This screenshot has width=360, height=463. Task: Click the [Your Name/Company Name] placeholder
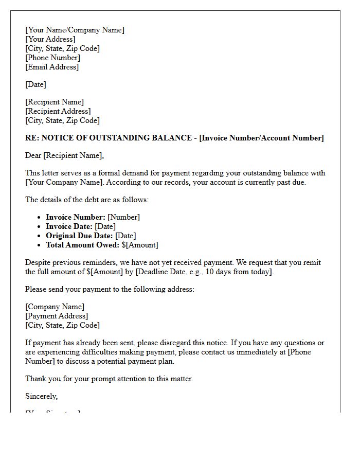75,30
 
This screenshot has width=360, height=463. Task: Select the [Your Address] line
50,39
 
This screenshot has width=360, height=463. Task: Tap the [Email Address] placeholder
52,67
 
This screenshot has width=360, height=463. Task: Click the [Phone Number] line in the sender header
52,58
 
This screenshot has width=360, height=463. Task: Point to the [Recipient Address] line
58,111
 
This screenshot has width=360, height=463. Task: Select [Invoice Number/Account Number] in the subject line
261,138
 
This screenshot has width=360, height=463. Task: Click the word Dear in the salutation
33,155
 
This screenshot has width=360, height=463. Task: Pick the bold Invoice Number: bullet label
75,217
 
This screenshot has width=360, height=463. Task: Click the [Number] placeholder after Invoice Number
123,217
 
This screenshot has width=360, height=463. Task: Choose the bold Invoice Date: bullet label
69,226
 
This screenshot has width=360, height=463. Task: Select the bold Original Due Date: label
79,236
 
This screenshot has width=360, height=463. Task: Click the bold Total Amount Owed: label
82,245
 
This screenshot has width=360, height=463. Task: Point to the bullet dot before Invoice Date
40,227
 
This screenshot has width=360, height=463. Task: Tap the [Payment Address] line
57,316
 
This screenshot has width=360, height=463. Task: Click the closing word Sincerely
41,396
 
